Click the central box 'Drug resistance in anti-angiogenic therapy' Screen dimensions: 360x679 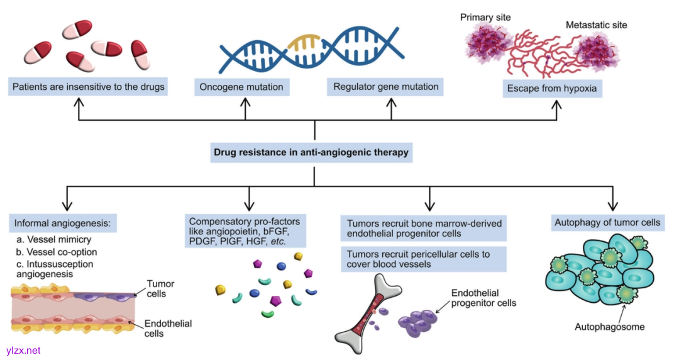point(311,152)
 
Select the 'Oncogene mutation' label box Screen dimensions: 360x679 point(241,87)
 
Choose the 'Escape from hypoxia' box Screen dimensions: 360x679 point(551,89)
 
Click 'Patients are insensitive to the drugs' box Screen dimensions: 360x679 point(89,87)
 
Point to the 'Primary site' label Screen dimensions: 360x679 point(486,17)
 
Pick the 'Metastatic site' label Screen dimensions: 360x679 point(596,25)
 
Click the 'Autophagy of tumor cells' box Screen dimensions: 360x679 point(607,222)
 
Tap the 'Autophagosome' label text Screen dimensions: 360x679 point(610,327)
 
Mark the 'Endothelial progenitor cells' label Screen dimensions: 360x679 point(483,298)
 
